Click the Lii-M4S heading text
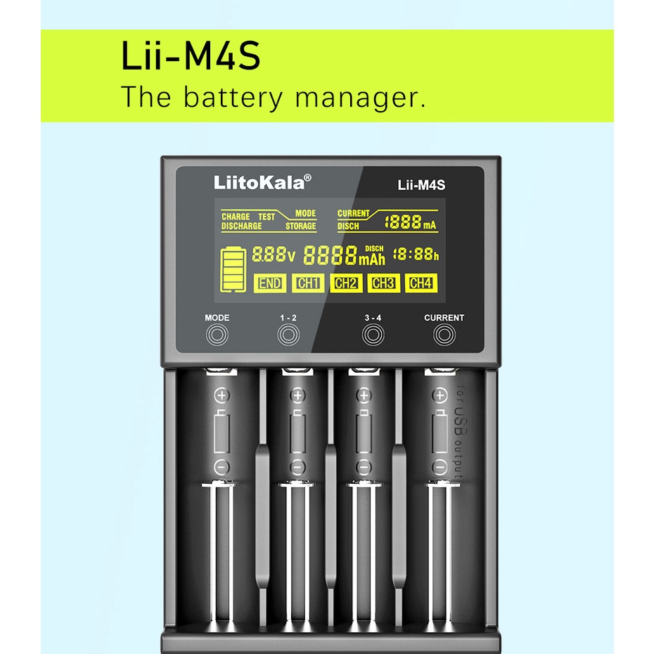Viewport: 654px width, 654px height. coord(191,58)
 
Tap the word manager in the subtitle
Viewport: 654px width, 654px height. coord(360,97)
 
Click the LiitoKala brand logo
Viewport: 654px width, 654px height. coord(259,184)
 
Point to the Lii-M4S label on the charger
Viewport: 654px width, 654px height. coord(422,186)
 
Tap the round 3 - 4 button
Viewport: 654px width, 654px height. coord(373,335)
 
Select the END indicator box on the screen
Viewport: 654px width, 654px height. coord(270,283)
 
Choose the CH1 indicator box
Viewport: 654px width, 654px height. coord(308,283)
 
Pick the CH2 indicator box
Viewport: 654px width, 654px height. coord(346,283)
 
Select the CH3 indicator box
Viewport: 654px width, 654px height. coord(383,283)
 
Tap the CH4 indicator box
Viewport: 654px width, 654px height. coord(421,283)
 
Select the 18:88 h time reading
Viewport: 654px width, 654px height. coord(415,254)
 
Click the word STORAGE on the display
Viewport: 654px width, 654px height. coord(300,226)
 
